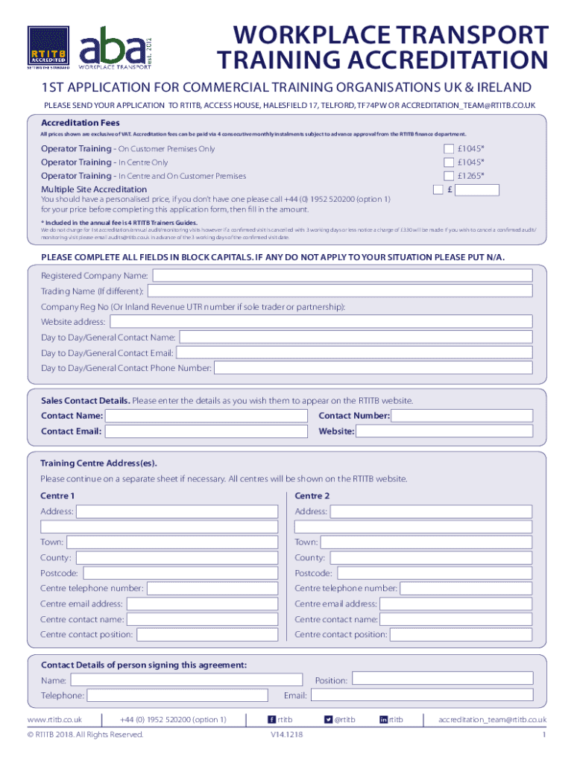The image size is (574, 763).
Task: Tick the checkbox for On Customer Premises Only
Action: coord(449,148)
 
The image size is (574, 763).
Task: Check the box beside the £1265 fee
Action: coord(449,176)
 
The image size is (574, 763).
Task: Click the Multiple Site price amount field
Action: coord(477,190)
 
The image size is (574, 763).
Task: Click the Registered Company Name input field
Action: coord(342,276)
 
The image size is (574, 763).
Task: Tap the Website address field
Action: coord(321,322)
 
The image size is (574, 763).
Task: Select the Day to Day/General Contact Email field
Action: coord(354,352)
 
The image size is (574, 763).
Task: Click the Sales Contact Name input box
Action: coord(206,416)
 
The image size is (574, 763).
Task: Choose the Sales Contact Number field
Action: coord(462,416)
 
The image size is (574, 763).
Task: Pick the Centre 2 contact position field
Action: coord(461,635)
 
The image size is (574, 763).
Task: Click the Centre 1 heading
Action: coord(57,496)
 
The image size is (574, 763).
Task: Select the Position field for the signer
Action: coord(443,680)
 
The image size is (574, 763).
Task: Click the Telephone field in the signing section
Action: coord(177,695)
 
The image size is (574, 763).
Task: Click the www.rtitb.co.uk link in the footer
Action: coord(54,720)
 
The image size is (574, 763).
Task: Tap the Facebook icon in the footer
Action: coord(271,720)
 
